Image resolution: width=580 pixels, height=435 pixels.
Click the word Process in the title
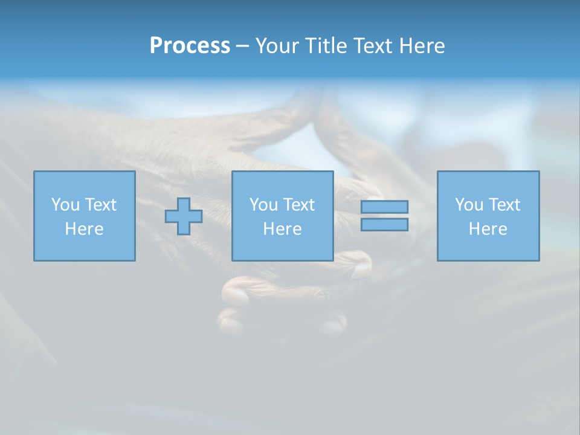pos(190,46)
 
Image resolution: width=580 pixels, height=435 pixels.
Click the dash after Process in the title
pos(242,47)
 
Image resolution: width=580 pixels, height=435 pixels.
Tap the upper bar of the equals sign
pos(384,207)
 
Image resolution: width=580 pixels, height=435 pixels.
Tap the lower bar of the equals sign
pos(384,224)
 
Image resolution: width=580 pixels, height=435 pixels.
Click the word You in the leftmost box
pos(65,205)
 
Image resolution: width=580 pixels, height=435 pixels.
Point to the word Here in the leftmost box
pos(84,229)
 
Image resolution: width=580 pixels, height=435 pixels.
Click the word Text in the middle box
pos(299,205)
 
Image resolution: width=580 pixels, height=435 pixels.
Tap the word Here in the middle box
pos(282,229)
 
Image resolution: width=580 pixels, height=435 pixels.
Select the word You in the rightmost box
pos(469,205)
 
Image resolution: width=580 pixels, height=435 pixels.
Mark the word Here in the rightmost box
pos(488,229)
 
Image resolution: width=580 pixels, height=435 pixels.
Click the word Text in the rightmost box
pos(504,205)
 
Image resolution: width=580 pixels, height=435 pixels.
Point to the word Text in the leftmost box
pos(101,205)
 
